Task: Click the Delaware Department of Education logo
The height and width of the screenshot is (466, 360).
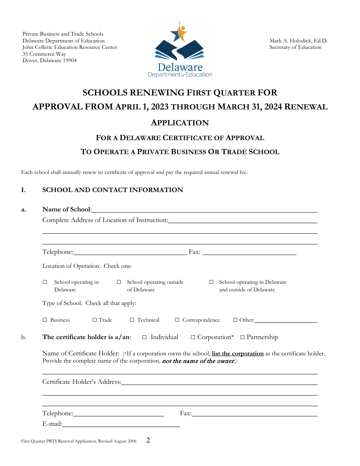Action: point(180,50)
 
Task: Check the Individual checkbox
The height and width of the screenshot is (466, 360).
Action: point(144,337)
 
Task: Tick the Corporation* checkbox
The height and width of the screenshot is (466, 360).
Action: point(193,337)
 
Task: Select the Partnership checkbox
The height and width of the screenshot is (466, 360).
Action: point(243,337)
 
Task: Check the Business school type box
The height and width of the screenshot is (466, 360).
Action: point(45,320)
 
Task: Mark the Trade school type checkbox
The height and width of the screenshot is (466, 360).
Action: point(95,320)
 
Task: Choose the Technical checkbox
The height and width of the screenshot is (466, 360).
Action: point(132,320)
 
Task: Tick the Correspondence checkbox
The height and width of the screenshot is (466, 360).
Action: point(177,320)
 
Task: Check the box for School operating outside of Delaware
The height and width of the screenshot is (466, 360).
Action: point(119,282)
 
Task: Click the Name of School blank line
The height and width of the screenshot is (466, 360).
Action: point(205,210)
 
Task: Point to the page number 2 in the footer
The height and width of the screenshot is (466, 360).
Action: point(148,440)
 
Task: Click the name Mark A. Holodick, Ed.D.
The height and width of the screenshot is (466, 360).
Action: point(298,41)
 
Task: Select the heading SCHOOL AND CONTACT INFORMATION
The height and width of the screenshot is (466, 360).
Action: point(113,190)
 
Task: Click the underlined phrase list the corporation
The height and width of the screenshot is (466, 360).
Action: point(238,353)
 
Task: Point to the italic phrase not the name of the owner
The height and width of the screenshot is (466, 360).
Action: point(198,361)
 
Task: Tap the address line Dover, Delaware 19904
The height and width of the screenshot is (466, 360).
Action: point(50,61)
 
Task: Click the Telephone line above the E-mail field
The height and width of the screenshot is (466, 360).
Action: point(119,413)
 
